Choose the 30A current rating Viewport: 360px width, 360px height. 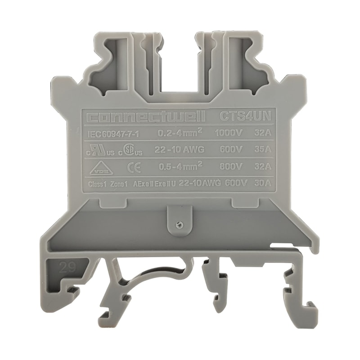[262, 183]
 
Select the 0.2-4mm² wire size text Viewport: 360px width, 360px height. [179, 133]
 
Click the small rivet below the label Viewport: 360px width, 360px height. [179, 223]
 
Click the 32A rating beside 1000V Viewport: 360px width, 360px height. [262, 133]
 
